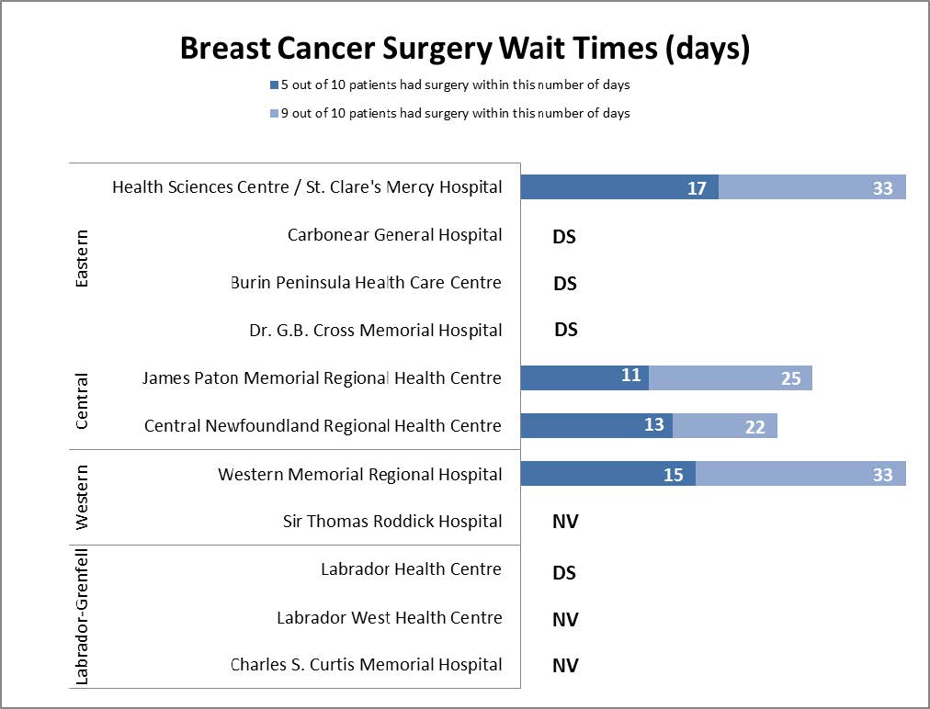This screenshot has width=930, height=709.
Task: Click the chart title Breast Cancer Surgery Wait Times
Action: pyautogui.click(x=464, y=49)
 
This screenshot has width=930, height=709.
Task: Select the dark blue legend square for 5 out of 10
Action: pyautogui.click(x=273, y=85)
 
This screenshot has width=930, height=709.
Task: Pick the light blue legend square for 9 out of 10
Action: pyautogui.click(x=273, y=114)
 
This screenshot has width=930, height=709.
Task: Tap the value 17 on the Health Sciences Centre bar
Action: pyautogui.click(x=697, y=188)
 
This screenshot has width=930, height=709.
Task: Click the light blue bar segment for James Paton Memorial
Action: pyautogui.click(x=731, y=377)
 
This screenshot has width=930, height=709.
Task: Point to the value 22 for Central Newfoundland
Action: pyautogui.click(x=754, y=427)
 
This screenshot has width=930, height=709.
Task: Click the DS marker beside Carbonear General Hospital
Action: pyautogui.click(x=564, y=236)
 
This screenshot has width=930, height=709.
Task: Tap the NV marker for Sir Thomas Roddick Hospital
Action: pyautogui.click(x=565, y=523)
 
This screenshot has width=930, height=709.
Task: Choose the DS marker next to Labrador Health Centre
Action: pyautogui.click(x=564, y=572)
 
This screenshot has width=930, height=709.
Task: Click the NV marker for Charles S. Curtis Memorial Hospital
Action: pyautogui.click(x=565, y=666)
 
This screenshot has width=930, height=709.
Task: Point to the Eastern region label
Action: pyautogui.click(x=82, y=259)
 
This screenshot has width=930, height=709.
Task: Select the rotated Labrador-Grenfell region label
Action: pyautogui.click(x=82, y=616)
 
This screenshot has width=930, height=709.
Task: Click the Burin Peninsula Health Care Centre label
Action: pyautogui.click(x=366, y=283)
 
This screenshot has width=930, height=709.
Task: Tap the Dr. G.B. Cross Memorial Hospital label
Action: pyautogui.click(x=376, y=331)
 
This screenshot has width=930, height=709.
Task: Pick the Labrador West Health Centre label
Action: pyautogui.click(x=389, y=618)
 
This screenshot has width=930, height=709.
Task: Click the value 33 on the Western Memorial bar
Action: pyautogui.click(x=882, y=475)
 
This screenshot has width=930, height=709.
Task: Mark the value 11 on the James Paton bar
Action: pyautogui.click(x=630, y=376)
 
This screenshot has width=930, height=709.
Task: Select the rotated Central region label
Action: pyautogui.click(x=82, y=401)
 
